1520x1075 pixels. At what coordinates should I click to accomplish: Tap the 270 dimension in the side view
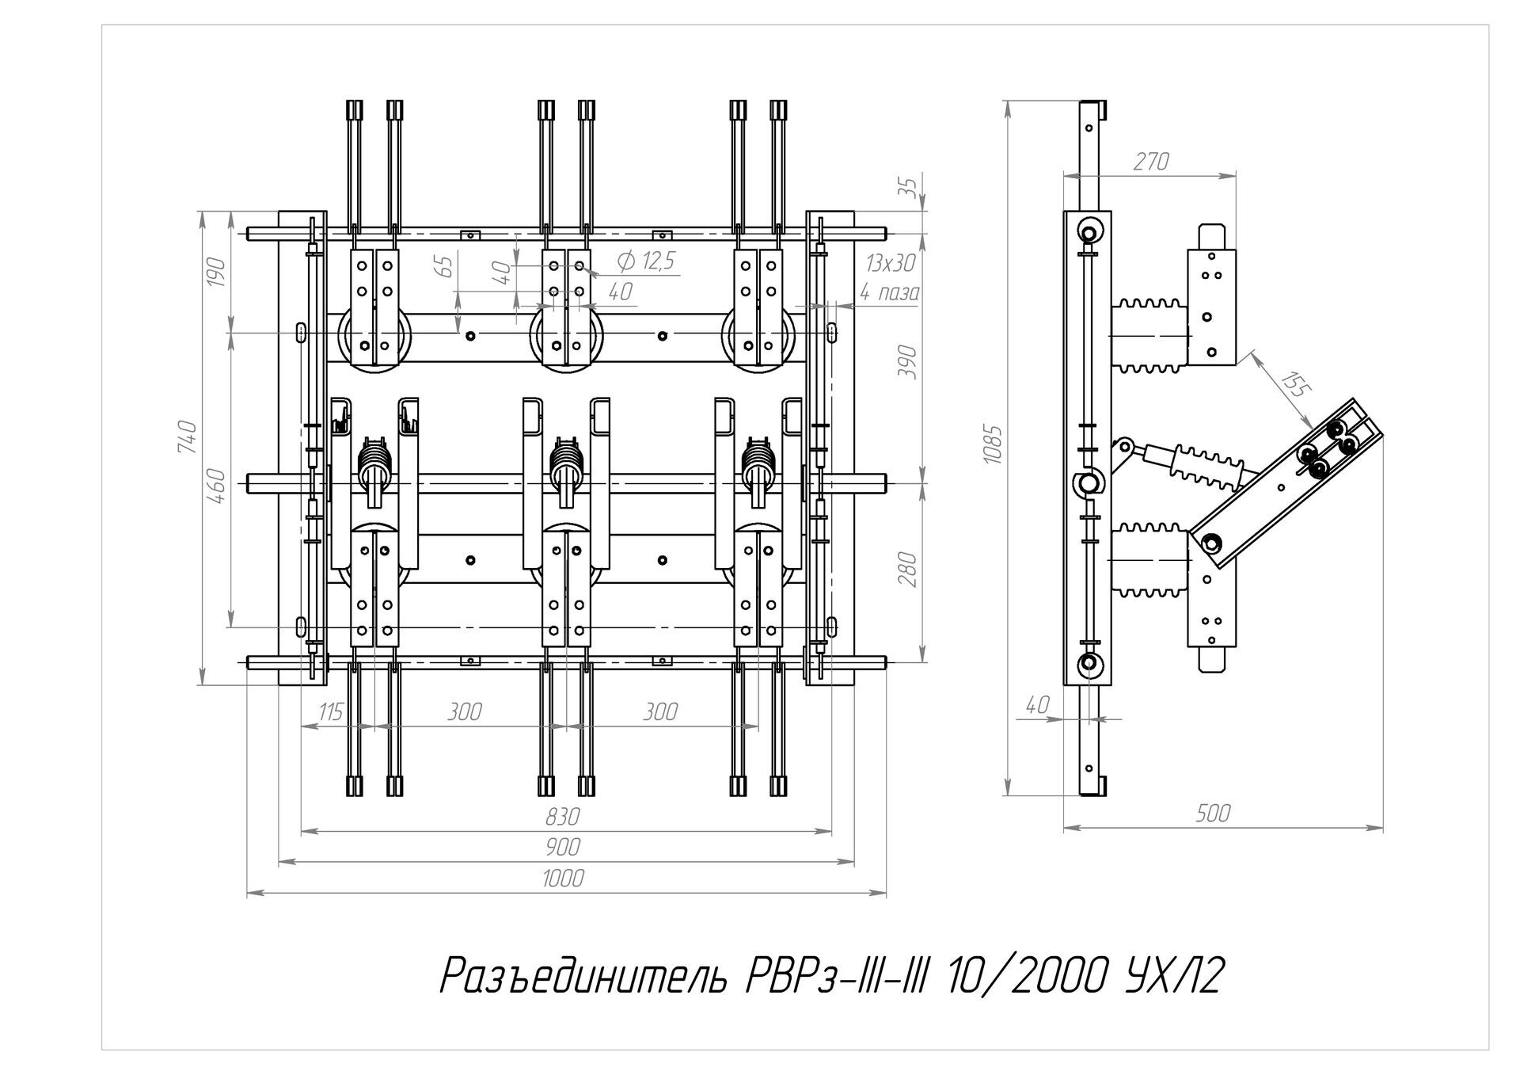tap(1150, 162)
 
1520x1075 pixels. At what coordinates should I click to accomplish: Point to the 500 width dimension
tap(1213, 814)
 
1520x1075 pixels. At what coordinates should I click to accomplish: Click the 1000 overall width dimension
tap(564, 879)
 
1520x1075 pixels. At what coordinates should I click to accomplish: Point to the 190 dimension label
tap(218, 273)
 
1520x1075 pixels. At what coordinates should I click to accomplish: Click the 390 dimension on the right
tap(910, 362)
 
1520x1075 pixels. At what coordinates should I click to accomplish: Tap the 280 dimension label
tap(910, 569)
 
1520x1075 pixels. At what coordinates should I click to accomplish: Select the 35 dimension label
tap(911, 189)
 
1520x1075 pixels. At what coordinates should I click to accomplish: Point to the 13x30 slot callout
tap(891, 263)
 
